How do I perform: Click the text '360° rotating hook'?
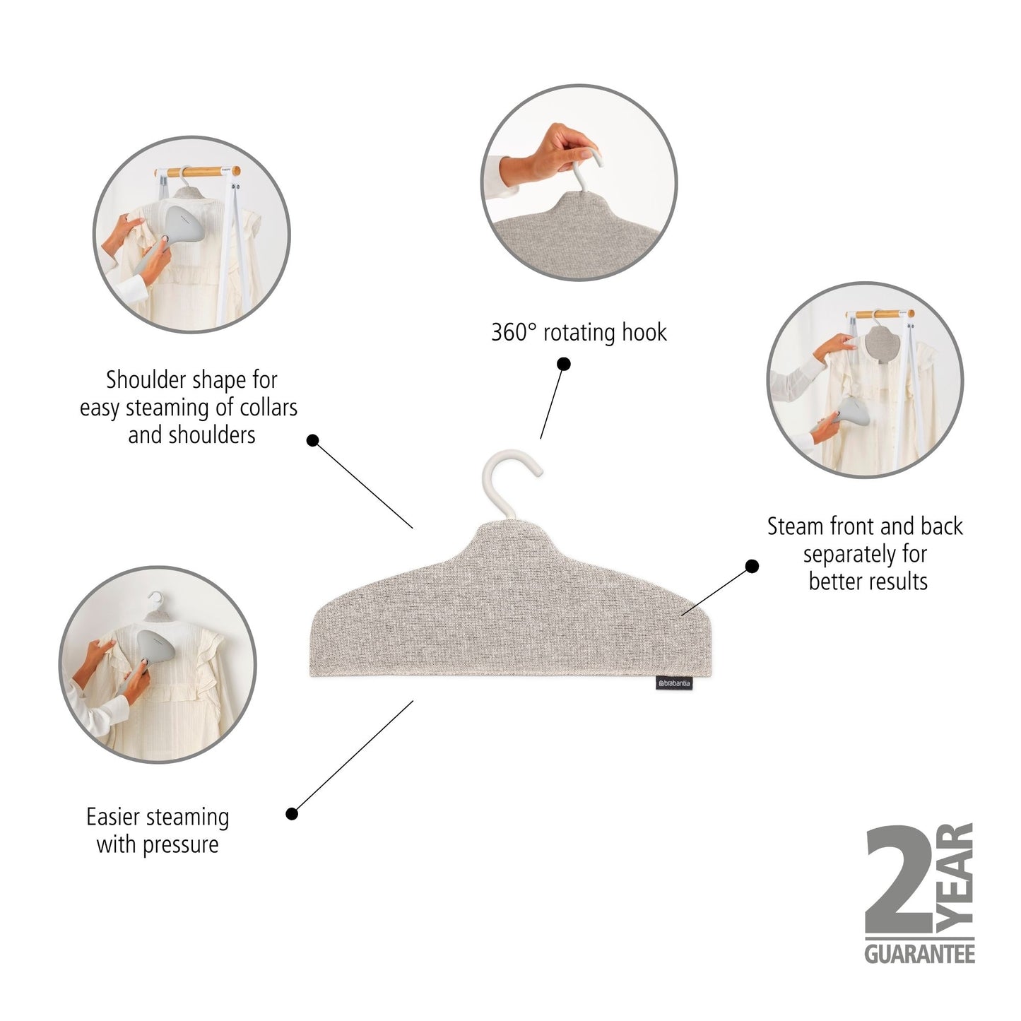click(x=579, y=332)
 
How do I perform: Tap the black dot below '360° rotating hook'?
click(x=564, y=364)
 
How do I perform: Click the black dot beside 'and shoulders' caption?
click(x=313, y=440)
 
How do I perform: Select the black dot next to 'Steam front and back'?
click(x=752, y=565)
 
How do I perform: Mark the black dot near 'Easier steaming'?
click(x=292, y=813)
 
